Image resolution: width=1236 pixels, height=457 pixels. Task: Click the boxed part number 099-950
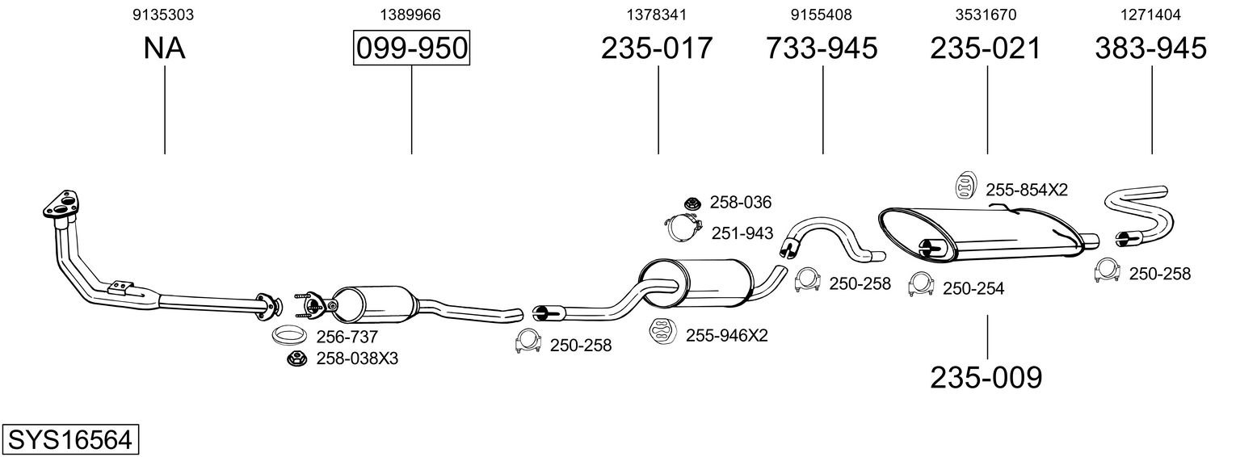pos(411,48)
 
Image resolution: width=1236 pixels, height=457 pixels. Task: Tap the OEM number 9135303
pos(164,15)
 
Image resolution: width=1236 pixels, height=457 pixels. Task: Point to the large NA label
pos(164,48)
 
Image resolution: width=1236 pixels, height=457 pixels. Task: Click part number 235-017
pos(658,48)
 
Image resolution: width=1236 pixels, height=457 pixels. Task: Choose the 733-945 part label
pos(822,48)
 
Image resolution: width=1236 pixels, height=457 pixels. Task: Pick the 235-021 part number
pos(986,48)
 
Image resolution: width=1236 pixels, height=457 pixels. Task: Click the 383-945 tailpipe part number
pos(1150,48)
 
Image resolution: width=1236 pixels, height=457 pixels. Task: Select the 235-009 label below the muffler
pos(986,377)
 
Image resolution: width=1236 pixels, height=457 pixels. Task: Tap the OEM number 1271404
pos(1150,15)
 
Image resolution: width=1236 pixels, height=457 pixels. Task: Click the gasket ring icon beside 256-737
pos(288,335)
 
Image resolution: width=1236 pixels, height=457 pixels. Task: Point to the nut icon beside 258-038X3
pos(296,358)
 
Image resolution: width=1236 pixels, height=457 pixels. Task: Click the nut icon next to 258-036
pos(692,203)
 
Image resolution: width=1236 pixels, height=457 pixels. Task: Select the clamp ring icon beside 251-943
pos(683,228)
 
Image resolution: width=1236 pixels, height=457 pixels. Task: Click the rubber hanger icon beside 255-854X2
pos(965,185)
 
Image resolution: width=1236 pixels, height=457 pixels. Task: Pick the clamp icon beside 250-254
pos(919,285)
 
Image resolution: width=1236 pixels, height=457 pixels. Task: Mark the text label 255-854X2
pos(1027,190)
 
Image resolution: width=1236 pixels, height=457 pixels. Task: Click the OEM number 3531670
pos(986,15)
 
